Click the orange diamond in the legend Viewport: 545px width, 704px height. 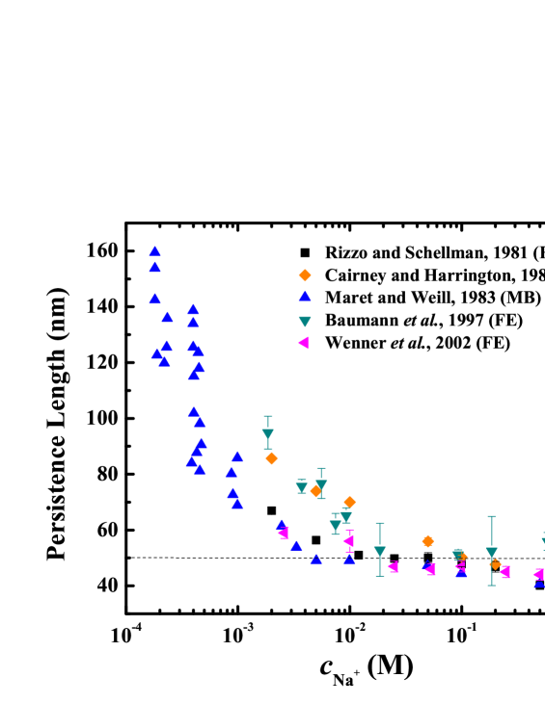(x=305, y=275)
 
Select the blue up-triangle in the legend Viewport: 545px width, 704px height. (x=305, y=297)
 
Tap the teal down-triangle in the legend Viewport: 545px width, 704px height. (x=305, y=322)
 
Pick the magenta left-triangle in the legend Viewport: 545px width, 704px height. (x=304, y=343)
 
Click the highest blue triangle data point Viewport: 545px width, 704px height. (x=154, y=250)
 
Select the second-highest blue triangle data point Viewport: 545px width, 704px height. (x=155, y=267)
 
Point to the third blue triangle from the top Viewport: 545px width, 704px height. (x=154, y=299)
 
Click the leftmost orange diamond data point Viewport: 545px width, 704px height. (x=271, y=458)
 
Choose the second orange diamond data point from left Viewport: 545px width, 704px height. (x=315, y=490)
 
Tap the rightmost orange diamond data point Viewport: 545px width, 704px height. (x=495, y=564)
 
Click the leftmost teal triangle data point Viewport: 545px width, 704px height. (x=268, y=434)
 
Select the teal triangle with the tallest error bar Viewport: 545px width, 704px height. (x=491, y=553)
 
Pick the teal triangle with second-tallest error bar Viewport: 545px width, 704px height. (x=380, y=552)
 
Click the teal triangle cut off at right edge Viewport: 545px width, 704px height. (x=542, y=542)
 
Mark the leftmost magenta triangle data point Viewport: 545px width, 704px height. (x=284, y=533)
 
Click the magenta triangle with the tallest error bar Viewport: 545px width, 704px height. (x=348, y=540)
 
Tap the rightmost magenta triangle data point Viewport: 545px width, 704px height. (x=537, y=574)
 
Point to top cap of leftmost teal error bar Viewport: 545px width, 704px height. (x=268, y=417)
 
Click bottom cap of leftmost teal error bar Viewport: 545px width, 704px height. (x=268, y=449)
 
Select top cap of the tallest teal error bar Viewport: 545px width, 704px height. (x=491, y=517)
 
